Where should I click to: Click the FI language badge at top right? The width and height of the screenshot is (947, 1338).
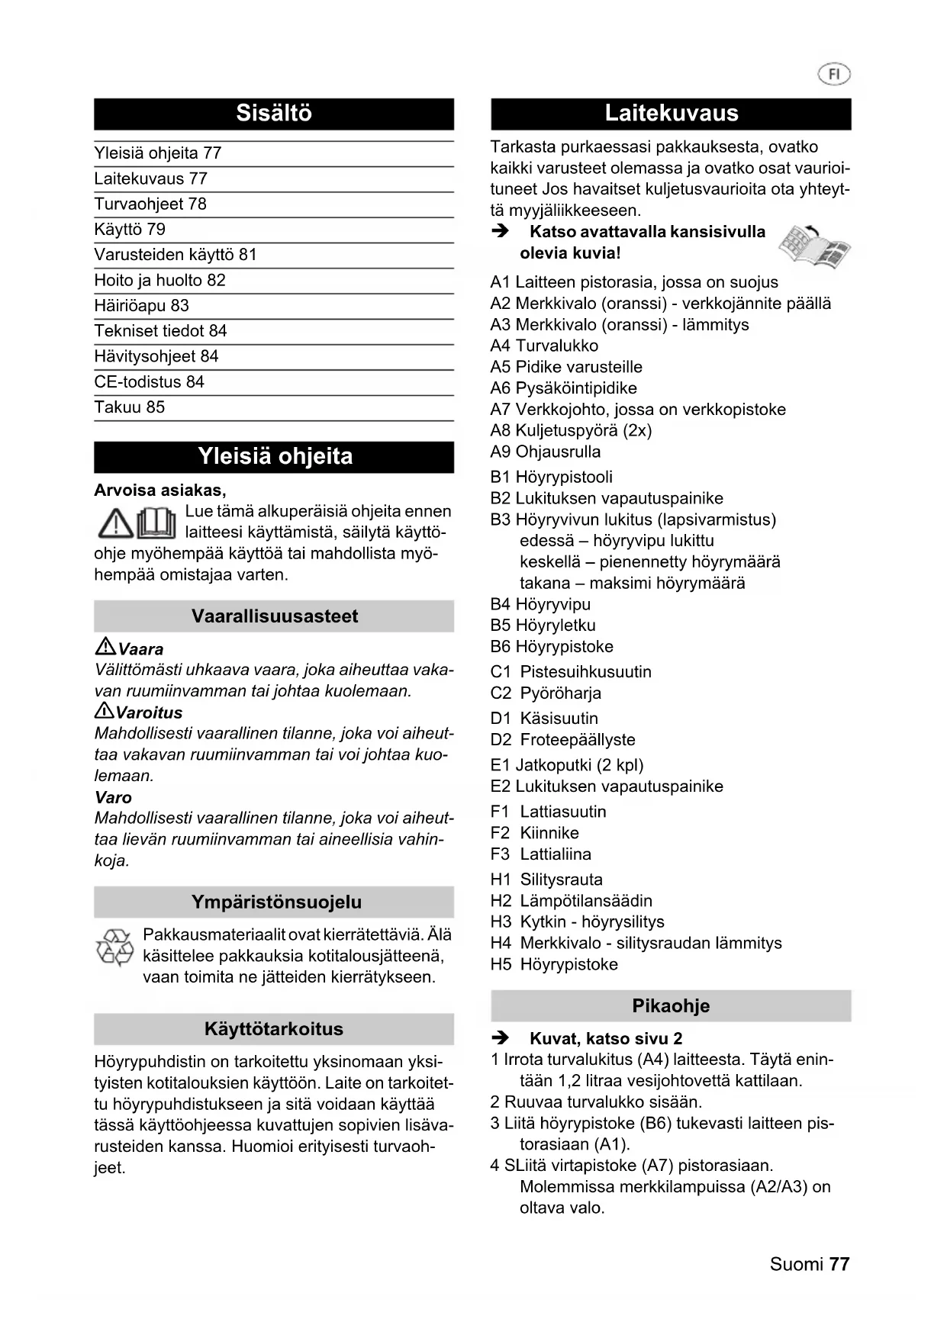[x=834, y=74]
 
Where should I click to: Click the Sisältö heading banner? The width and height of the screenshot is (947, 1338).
[x=274, y=114]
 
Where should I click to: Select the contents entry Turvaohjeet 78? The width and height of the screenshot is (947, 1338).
[x=150, y=204]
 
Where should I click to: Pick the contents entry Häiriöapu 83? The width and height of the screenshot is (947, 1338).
[x=141, y=306]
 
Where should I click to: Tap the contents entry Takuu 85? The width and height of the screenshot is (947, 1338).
[x=129, y=407]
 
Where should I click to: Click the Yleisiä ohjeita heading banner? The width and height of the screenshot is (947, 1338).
[x=274, y=457]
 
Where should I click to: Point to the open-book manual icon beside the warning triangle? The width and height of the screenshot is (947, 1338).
[x=157, y=523]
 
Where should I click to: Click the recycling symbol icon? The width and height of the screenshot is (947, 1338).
[x=114, y=949]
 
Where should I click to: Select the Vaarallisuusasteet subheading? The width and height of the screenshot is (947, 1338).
[x=274, y=616]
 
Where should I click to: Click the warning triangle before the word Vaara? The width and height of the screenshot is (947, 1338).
[x=105, y=648]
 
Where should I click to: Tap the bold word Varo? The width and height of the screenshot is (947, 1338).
[x=113, y=797]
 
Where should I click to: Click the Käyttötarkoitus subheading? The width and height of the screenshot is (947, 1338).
[x=274, y=1029]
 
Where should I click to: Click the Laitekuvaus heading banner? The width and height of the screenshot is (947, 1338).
[x=671, y=114]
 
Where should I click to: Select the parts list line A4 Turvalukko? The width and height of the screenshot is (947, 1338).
[x=544, y=346]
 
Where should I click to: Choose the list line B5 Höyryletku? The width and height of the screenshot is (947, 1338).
[x=543, y=626]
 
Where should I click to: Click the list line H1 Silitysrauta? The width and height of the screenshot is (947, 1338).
[x=546, y=880]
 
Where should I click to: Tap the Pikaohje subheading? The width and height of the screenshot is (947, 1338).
[x=671, y=1006]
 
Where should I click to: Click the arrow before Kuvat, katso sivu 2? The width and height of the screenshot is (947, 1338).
[x=500, y=1038]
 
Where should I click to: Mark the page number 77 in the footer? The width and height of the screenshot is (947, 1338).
[x=839, y=1264]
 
